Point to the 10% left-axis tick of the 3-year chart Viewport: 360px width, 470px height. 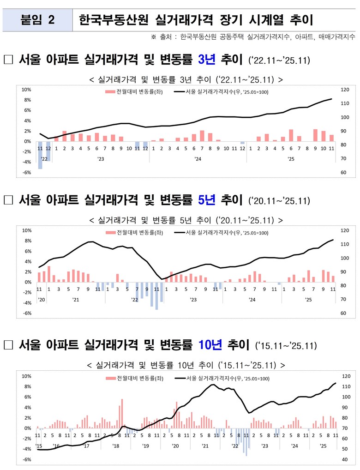pyautogui.click(x=26, y=90)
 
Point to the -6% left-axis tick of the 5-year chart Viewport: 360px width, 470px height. pyautogui.click(x=26, y=313)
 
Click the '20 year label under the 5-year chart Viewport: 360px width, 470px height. pyautogui.click(x=41, y=300)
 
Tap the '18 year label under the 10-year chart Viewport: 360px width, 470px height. pyautogui.click(x=115, y=446)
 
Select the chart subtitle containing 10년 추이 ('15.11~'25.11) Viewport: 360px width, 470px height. pyautogui.click(x=186, y=365)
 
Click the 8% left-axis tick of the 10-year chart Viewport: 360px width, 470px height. pyautogui.click(x=26, y=386)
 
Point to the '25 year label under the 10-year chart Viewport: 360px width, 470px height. pyautogui.click(x=324, y=446)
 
